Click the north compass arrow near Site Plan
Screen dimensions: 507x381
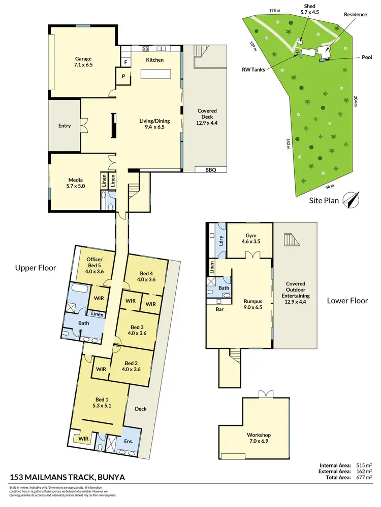click(351, 199)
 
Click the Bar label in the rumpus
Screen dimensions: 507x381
click(219, 309)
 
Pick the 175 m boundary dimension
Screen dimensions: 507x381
click(275, 10)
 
